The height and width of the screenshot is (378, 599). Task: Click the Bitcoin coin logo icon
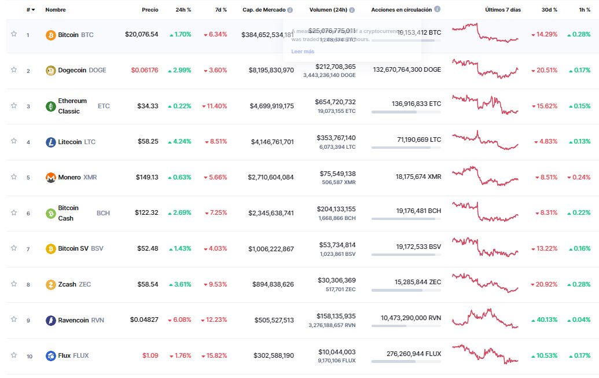[x=51, y=35]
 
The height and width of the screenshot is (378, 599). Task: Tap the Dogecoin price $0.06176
[x=144, y=70]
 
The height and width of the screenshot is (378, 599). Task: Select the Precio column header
[x=150, y=10]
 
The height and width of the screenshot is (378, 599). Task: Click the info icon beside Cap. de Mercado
[x=290, y=10]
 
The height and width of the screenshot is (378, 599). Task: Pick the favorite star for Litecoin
[x=14, y=141]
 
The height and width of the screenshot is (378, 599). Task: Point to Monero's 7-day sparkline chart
[x=485, y=177]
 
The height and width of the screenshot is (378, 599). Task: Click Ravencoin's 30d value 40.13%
[x=544, y=320]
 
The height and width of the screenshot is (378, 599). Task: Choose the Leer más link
[x=303, y=52]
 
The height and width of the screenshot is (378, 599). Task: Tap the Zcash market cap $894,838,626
[x=273, y=284]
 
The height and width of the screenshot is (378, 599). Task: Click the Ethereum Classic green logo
[x=51, y=106]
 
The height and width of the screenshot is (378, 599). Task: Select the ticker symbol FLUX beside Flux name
[x=81, y=355]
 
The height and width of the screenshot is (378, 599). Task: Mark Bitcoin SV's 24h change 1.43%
[x=180, y=248]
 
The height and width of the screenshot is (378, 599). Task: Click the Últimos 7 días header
[x=503, y=10]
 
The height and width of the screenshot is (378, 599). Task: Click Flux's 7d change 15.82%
[x=214, y=355]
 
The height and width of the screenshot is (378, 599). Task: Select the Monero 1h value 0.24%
[x=579, y=177]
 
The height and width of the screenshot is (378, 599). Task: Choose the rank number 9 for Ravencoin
[x=28, y=320]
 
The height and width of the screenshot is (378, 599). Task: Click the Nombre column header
[x=55, y=10]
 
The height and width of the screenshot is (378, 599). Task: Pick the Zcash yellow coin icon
[x=51, y=284]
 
